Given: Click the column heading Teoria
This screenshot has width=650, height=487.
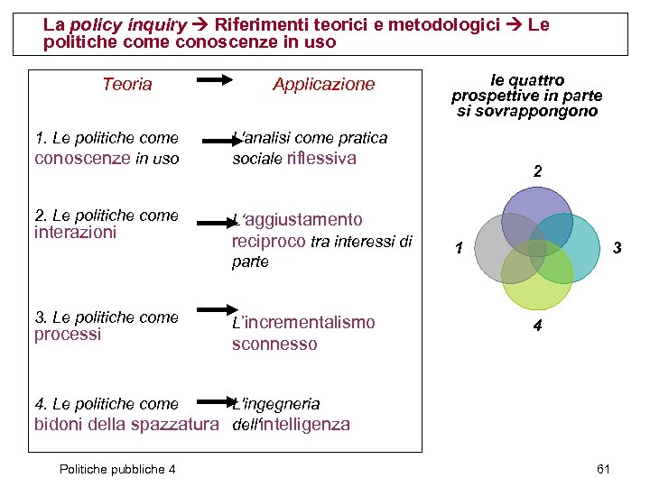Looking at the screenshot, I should pos(127,85).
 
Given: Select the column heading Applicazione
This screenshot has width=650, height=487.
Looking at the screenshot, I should pos(323,85).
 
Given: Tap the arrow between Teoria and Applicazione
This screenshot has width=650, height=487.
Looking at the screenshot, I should pos(216,81).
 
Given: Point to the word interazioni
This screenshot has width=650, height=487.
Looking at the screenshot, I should pos(75,233).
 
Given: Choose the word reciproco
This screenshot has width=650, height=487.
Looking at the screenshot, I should pos(268,241).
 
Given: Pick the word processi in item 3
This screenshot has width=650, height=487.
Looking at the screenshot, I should pos(68,335).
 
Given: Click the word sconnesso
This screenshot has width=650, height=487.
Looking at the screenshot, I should pos(274,345).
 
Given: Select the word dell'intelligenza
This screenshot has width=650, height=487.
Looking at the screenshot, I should pos(291,424).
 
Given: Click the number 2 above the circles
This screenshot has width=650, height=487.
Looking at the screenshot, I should pos(537,171).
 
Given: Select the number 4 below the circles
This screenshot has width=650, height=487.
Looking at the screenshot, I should pos(537,326).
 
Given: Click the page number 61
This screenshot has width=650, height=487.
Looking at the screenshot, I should pos(604,469).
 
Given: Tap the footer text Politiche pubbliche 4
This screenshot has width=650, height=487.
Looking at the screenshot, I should pos(116,469).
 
